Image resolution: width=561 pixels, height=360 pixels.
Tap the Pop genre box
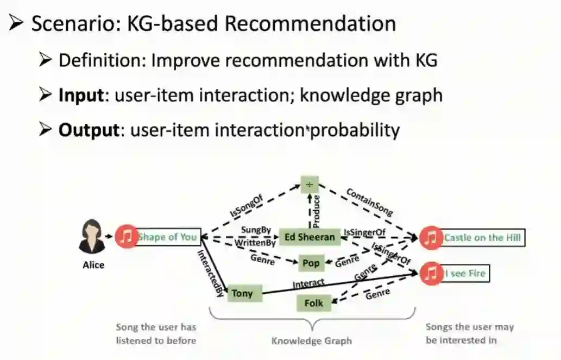click(311, 263)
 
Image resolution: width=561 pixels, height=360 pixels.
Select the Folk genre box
click(313, 303)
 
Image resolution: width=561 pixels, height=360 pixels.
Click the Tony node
click(242, 294)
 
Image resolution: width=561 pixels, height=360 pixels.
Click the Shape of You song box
click(167, 237)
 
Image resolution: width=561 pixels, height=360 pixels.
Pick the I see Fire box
click(465, 273)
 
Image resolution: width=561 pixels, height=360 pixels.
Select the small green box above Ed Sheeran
click(310, 185)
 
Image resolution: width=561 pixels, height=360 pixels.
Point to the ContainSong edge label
click(369, 202)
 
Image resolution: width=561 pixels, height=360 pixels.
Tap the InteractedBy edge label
click(210, 273)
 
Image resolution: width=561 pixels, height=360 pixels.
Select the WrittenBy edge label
click(255, 243)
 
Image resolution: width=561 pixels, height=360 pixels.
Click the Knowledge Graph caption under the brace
click(312, 341)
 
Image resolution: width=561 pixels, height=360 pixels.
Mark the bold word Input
click(81, 96)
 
